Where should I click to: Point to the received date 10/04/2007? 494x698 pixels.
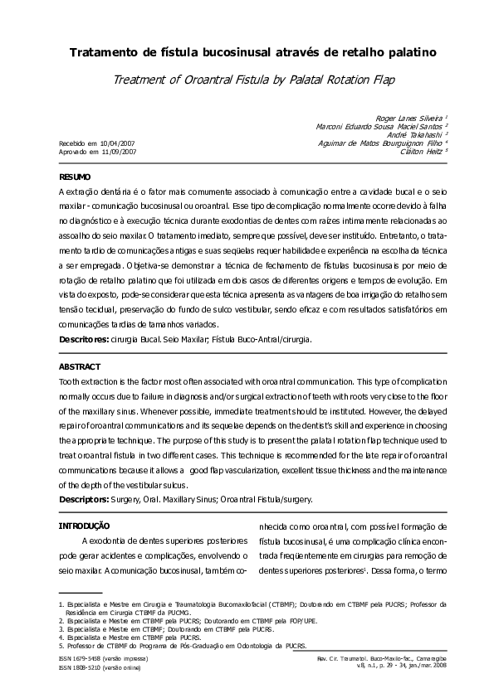[116, 143]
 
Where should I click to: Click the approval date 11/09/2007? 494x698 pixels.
[116, 153]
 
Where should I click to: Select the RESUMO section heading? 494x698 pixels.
[75, 177]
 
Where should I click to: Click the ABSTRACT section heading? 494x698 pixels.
[79, 366]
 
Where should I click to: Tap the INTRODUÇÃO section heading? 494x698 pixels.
[84, 526]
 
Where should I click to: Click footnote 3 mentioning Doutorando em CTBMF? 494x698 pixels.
[157, 629]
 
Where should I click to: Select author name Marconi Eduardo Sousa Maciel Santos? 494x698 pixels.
[380, 127]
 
